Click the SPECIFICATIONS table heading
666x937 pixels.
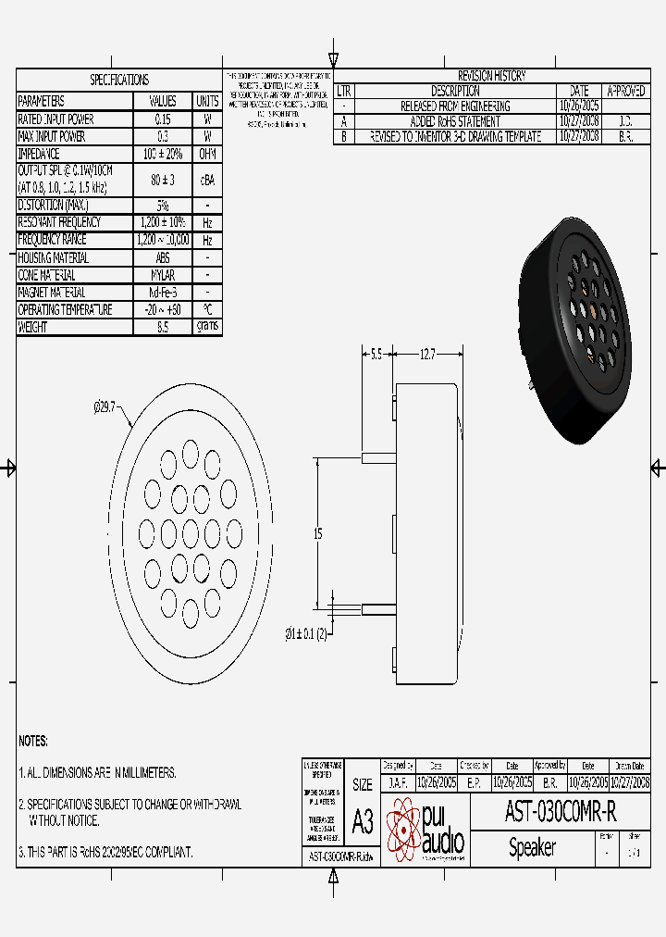click(118, 81)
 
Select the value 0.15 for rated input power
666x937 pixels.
click(162, 119)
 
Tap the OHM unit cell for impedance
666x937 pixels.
click(207, 154)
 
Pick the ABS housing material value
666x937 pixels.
click(162, 257)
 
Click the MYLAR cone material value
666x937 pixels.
click(162, 275)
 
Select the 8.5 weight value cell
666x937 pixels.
click(162, 327)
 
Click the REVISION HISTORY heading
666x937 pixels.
click(491, 76)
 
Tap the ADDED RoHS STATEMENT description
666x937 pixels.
click(455, 121)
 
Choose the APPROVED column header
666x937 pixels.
click(625, 92)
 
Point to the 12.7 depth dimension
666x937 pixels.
click(427, 354)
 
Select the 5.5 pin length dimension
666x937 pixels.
click(376, 354)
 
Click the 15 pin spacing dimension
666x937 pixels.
click(317, 533)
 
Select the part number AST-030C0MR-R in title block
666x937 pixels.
click(560, 812)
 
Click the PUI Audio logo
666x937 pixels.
click(426, 829)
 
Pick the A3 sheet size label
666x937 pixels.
click(363, 820)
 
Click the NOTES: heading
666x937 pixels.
click(33, 742)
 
